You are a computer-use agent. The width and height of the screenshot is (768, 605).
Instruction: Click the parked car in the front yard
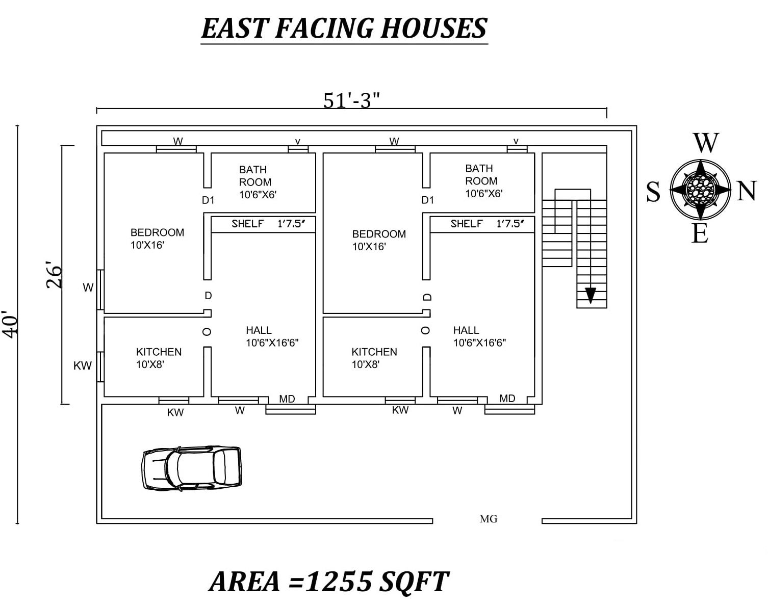191,468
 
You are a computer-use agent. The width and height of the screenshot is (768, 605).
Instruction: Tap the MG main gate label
488,519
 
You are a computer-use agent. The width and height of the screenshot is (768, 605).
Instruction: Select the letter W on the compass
706,143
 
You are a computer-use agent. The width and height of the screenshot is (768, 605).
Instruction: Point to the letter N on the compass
746,192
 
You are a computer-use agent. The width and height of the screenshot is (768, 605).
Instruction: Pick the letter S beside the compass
653,193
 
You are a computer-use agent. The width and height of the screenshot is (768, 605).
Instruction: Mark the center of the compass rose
701,190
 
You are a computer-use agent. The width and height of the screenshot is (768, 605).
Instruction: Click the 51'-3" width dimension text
352,100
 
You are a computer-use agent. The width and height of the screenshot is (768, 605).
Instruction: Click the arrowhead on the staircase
591,295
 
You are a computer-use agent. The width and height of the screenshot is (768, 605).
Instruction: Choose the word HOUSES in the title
434,29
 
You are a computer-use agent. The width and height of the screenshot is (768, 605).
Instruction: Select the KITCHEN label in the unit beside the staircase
374,352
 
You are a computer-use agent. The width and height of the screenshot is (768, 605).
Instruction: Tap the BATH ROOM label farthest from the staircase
255,176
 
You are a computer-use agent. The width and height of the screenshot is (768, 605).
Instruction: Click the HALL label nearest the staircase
466,330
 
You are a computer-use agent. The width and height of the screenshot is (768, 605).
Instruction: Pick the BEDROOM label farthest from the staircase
157,233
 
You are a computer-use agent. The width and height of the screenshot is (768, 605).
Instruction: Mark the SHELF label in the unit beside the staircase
466,224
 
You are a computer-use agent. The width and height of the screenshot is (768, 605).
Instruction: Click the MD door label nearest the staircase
507,399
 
